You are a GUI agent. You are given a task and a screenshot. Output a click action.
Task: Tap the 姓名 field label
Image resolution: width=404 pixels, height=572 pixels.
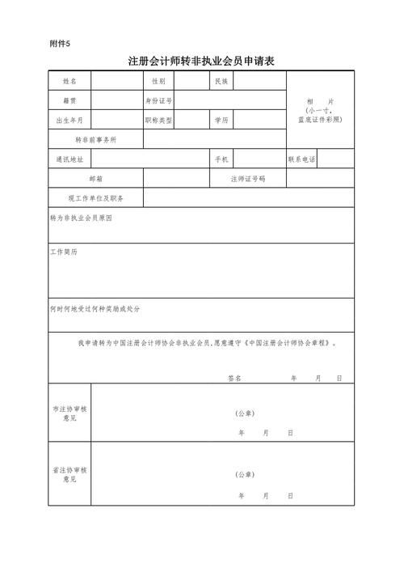(x=69, y=82)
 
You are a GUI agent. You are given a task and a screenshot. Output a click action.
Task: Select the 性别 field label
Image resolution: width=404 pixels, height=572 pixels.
(x=158, y=82)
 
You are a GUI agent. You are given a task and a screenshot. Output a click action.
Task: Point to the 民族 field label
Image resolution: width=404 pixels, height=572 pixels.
(x=221, y=82)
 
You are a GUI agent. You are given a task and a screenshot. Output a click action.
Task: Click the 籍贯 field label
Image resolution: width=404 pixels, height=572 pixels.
(x=69, y=101)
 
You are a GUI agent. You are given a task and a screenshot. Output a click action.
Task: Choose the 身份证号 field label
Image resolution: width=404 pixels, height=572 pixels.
(x=158, y=101)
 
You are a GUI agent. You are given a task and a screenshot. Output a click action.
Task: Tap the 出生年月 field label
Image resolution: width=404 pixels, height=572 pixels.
(x=69, y=121)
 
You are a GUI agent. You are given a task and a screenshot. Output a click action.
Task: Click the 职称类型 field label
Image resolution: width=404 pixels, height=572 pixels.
(x=158, y=121)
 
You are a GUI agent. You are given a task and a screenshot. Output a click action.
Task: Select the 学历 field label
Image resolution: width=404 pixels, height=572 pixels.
(x=221, y=121)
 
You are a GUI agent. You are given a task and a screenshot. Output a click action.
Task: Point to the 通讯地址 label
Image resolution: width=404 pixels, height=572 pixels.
(x=69, y=159)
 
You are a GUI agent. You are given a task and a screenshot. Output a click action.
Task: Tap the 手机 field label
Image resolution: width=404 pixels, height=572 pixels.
(x=221, y=159)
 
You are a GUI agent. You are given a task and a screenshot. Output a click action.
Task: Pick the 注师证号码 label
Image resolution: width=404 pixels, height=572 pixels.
(x=247, y=179)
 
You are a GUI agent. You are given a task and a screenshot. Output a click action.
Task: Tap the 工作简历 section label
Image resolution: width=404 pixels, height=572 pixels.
(x=64, y=252)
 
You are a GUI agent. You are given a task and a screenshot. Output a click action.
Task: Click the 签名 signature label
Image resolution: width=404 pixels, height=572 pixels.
(x=234, y=378)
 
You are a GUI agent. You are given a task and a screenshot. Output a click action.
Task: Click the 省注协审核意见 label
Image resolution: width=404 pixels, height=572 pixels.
(x=69, y=475)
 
